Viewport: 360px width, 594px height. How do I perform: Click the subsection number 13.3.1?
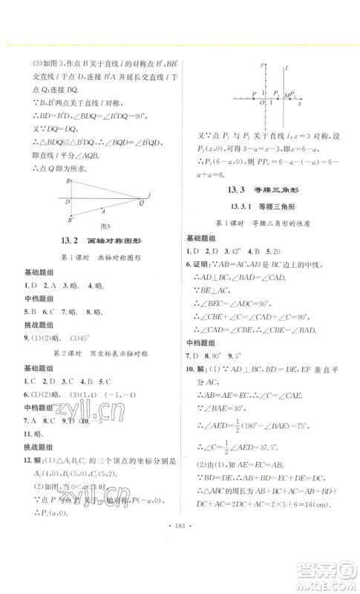(x=232, y=206)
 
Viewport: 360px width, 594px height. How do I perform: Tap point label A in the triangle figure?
(x=102, y=210)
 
